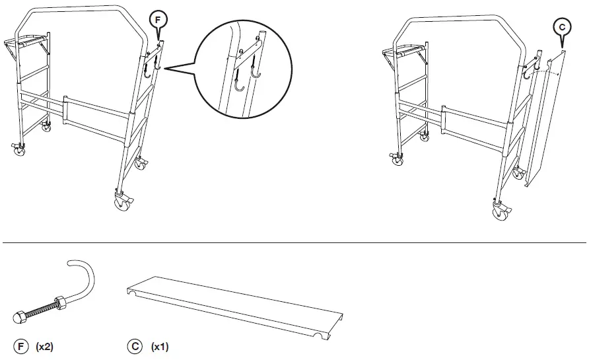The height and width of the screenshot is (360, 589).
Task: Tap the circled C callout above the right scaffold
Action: pos(561,26)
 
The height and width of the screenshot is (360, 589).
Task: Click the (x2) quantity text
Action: pos(44,345)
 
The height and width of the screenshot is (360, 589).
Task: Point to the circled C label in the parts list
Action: pos(135,345)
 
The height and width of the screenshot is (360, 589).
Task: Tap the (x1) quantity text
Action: pos(160,345)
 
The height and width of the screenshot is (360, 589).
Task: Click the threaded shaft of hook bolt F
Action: pos(40,308)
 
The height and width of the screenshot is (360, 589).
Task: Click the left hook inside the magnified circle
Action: pos(240,85)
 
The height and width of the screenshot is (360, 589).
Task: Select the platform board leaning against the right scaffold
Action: pos(541,119)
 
